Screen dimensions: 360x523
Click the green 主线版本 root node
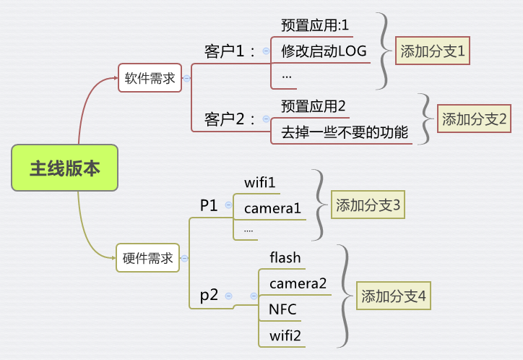64,168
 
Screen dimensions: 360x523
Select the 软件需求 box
150,79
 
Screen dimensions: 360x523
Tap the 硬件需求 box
148,258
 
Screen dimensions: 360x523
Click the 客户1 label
230,51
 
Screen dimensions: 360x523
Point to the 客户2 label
230,119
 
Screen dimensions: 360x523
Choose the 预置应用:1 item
315,25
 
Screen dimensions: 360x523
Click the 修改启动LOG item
324,51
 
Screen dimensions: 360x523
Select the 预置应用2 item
314,106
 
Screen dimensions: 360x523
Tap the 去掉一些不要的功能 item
345,132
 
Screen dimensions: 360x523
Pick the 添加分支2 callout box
475,119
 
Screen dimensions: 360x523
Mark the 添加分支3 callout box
368,205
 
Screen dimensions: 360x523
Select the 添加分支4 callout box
394,296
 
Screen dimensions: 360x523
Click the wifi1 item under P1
260,182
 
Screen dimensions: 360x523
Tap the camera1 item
272,209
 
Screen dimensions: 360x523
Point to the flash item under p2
285,257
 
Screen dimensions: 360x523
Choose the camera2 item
298,283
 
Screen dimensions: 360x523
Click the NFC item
282,309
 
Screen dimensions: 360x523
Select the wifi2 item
285,335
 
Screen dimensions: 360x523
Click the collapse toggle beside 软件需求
186,79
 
